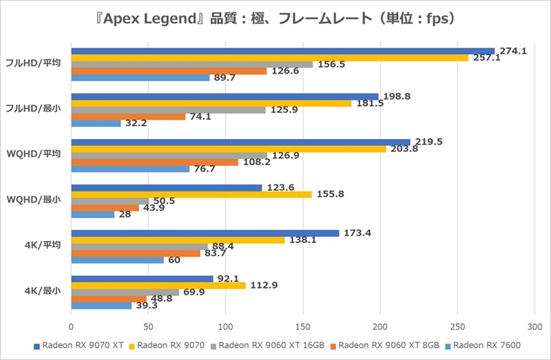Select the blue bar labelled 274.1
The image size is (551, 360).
tap(282, 51)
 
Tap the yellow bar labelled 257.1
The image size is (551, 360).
tap(269, 58)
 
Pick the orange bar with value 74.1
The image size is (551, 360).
tap(128, 116)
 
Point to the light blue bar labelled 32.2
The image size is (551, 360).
tap(96, 123)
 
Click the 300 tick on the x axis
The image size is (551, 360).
tap(534, 328)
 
